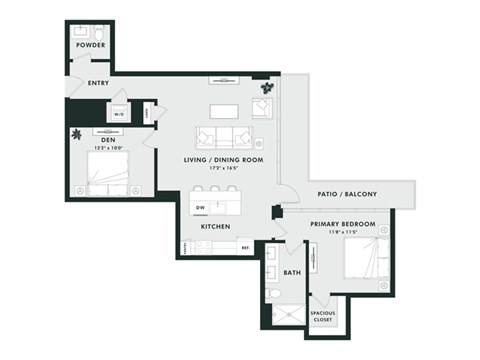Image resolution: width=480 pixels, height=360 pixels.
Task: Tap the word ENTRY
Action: (99, 83)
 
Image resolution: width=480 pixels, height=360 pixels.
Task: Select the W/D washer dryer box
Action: (120, 114)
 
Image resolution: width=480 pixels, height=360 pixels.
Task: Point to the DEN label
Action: (107, 139)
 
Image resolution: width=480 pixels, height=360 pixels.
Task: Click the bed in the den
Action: (113, 178)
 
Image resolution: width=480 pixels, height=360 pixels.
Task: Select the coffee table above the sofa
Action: (224, 109)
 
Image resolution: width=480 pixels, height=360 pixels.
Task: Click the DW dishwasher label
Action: (200, 208)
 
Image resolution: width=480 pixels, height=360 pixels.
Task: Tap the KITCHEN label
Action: (217, 227)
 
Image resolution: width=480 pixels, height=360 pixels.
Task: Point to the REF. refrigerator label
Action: (244, 246)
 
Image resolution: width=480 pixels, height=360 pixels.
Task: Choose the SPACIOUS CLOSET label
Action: (322, 316)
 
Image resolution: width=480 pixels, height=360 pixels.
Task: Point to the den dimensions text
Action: (107, 148)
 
